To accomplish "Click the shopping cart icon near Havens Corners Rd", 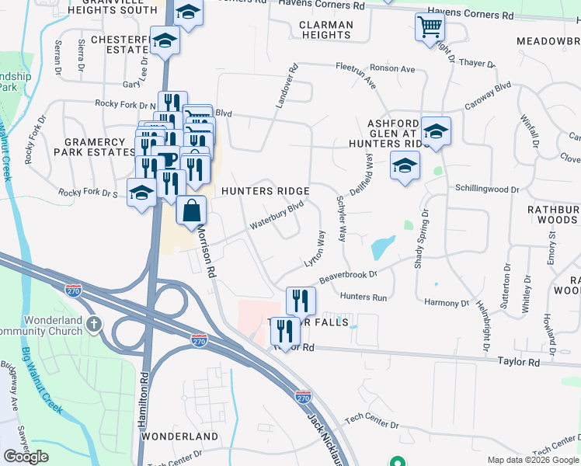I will [430, 28].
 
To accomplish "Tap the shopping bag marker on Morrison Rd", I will [191, 210].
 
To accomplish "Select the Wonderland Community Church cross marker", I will [94, 322].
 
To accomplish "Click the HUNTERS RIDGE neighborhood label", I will [266, 191].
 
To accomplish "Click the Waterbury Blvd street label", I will [276, 217].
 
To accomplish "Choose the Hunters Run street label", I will [363, 297].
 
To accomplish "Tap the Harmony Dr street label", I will [447, 304].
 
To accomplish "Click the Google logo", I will [26, 457].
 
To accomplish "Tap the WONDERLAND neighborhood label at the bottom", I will [180, 436].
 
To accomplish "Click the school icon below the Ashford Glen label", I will [404, 165].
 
